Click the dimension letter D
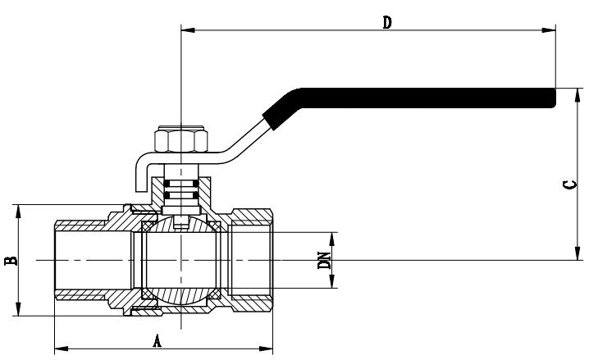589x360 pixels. pyautogui.click(x=386, y=22)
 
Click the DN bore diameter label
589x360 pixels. pyautogui.click(x=325, y=261)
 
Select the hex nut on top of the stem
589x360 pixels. pyautogui.click(x=180, y=141)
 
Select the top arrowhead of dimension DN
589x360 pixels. pyautogui.click(x=332, y=238)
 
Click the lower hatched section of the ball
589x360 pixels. pyautogui.click(x=180, y=295)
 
